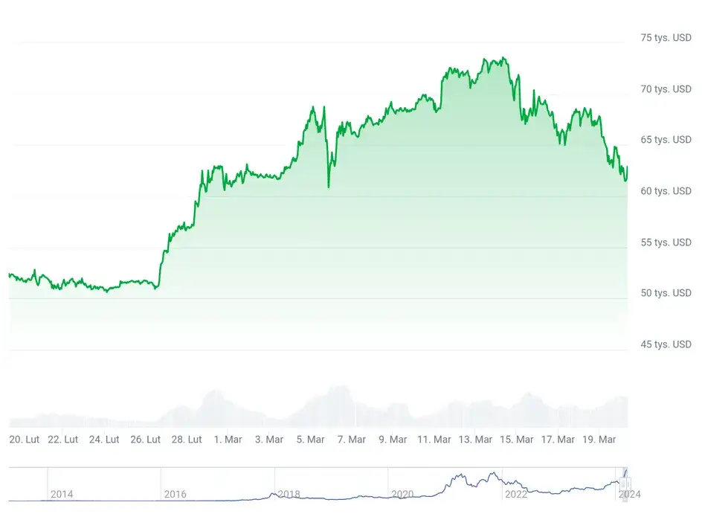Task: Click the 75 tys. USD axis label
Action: click(x=667, y=38)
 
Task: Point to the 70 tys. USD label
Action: click(x=667, y=89)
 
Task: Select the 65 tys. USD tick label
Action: click(x=667, y=140)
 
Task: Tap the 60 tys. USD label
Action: click(x=667, y=191)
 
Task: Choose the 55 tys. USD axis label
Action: click(x=667, y=242)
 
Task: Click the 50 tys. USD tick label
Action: click(x=667, y=293)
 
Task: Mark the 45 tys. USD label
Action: click(x=667, y=344)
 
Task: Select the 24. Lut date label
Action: click(x=104, y=440)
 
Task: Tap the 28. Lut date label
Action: click(x=187, y=440)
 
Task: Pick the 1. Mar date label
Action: click(x=228, y=440)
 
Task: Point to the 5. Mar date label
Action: click(x=310, y=440)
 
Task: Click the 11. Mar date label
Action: click(x=434, y=440)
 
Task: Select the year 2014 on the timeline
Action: click(x=62, y=494)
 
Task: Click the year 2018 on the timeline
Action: click(x=289, y=494)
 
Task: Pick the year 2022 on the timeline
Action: click(x=516, y=494)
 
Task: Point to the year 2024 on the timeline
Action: click(x=629, y=494)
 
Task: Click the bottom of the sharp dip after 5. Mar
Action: click(x=328, y=186)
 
